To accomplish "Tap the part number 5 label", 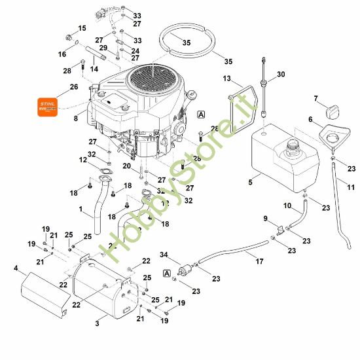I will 250,183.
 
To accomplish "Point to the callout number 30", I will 281,75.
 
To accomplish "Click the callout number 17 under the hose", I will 259,262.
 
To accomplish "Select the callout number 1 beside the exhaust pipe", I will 81,209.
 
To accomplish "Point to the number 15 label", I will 82,28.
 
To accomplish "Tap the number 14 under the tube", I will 94,69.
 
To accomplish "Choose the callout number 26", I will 73,87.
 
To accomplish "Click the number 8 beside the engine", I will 76,118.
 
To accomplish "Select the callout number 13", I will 226,79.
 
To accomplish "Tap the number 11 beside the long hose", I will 350,187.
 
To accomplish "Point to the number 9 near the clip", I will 265,218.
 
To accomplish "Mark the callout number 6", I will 311,119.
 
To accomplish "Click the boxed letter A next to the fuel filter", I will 168,272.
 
